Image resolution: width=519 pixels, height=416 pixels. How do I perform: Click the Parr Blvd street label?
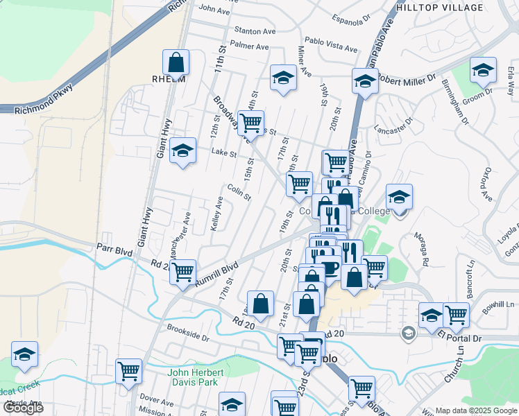point(114,247)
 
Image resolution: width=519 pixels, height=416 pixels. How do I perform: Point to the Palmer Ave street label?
point(249,47)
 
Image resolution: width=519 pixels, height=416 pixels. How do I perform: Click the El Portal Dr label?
point(460,338)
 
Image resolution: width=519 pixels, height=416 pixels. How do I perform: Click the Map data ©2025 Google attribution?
point(475,410)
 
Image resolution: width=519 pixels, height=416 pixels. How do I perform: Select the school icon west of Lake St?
point(182,151)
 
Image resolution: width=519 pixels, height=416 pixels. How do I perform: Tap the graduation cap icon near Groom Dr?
point(483,70)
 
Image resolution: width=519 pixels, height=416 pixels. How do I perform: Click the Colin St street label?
point(239,192)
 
